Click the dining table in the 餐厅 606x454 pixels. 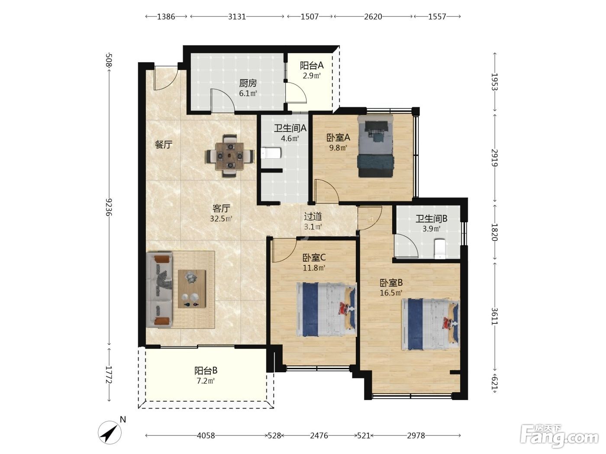coord(230,156)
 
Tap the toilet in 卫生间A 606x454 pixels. coord(271,153)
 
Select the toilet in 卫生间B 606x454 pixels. coord(440,249)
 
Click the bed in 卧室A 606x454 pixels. coord(375,146)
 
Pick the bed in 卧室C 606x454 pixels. coord(326,309)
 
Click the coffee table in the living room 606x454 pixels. coord(192,288)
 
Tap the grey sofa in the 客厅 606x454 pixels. coord(159,289)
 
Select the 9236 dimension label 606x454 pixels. coord(109,207)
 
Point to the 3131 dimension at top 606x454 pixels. coord(237,16)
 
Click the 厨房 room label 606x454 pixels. coord(248,83)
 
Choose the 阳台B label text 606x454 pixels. coord(206,371)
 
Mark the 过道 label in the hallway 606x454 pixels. coord(313,217)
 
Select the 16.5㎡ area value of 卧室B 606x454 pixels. coord(391,293)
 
